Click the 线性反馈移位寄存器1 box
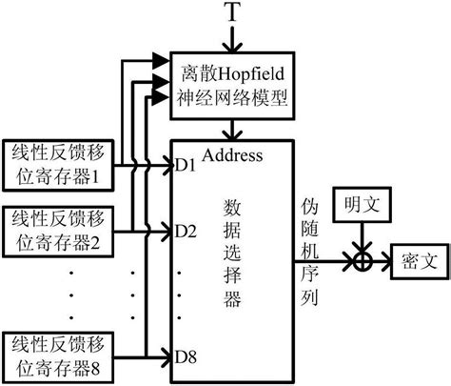tap(61, 163)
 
